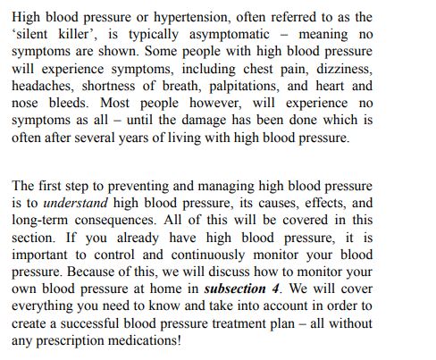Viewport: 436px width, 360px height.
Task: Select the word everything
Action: coord(44,306)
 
